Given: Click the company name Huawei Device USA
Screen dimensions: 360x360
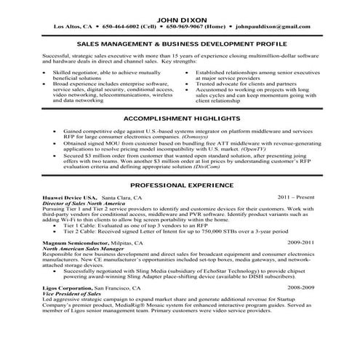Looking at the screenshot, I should click(70, 198).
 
